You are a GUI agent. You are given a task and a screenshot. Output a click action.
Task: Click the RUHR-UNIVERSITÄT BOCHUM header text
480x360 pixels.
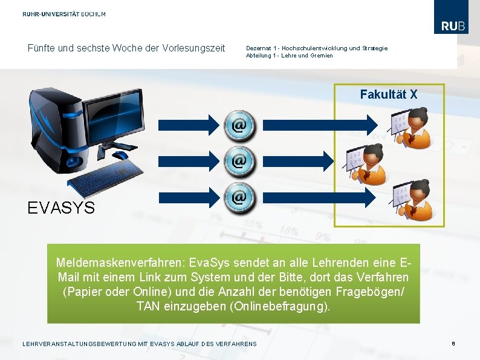64,14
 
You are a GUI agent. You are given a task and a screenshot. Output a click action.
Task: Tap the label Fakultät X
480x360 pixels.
389,94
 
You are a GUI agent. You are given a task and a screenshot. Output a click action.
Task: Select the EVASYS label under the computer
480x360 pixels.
61,208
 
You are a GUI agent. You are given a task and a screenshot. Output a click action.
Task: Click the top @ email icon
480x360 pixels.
239,125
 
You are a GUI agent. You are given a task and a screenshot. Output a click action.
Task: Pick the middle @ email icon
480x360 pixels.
239,161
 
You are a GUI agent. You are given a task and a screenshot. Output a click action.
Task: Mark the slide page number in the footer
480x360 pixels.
453,344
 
